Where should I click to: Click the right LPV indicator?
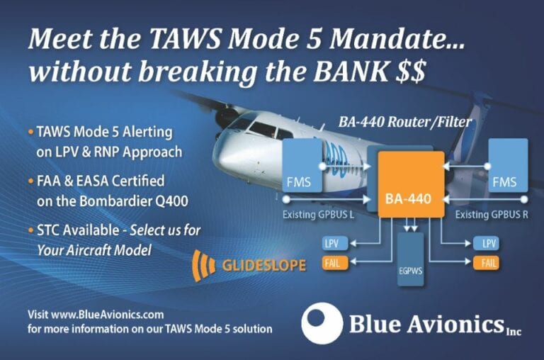tap(488, 243)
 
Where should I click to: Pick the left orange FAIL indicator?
tap(332, 263)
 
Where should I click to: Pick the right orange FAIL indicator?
tap(488, 263)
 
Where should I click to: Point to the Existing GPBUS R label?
tap(491, 214)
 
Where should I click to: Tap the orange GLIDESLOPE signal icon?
tap(204, 265)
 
